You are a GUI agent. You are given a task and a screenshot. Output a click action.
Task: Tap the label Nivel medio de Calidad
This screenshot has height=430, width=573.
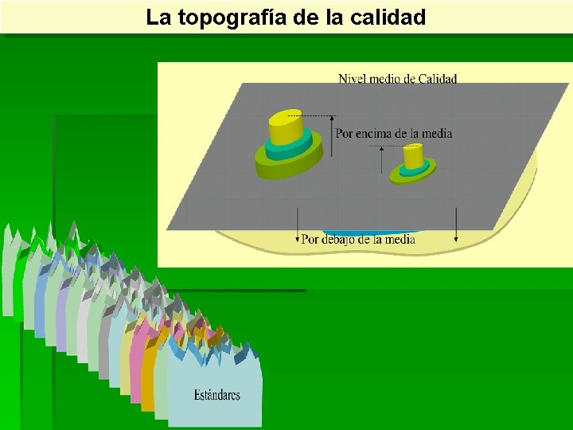coord(397,78)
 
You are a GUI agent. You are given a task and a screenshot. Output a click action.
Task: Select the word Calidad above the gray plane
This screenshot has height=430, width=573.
coord(438,78)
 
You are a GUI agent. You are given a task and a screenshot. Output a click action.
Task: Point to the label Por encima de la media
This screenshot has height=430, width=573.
coord(394,134)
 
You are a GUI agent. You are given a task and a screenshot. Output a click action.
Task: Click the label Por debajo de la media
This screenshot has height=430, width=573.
coord(358,240)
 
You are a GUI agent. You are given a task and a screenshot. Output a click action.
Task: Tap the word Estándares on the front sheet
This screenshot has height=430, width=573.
coord(216,395)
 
